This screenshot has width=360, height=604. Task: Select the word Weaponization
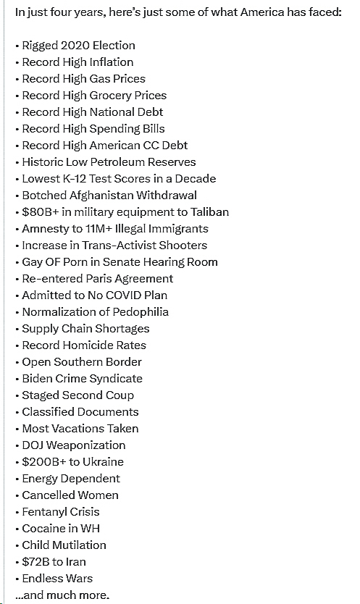85,445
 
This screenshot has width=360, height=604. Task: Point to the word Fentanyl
44,512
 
